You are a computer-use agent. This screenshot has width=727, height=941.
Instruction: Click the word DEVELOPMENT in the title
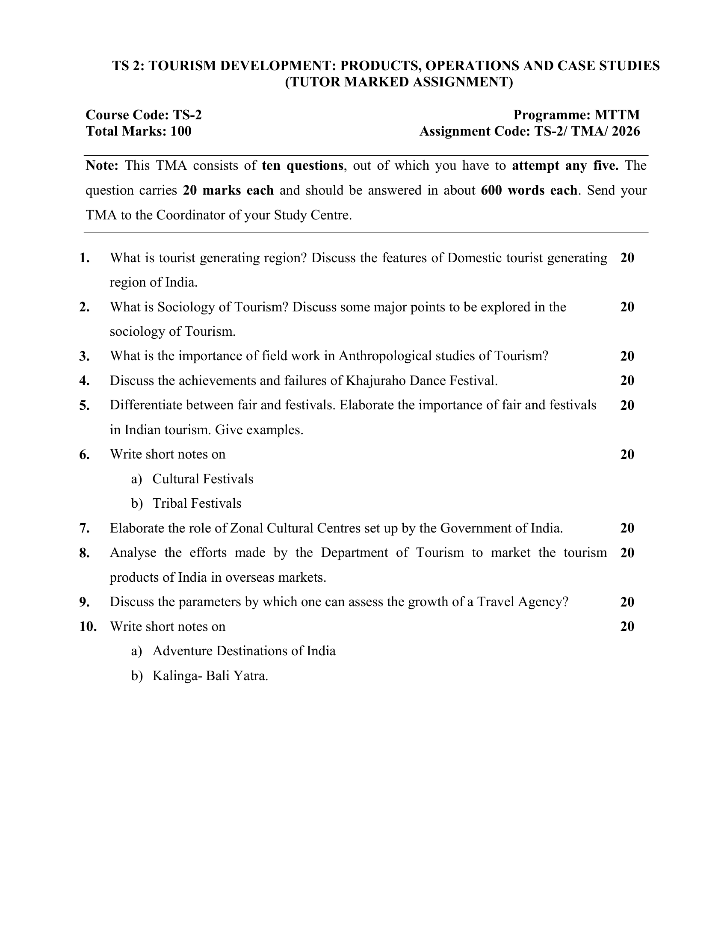click(254, 66)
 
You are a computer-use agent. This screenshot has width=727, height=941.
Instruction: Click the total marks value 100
click(180, 131)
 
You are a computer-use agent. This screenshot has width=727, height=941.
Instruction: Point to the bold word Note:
click(102, 166)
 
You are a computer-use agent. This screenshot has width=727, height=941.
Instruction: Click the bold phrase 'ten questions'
click(302, 166)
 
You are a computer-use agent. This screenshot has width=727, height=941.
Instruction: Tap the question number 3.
click(84, 356)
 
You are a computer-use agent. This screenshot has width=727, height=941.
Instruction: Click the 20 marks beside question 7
click(627, 528)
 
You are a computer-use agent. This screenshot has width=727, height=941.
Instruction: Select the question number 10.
click(88, 627)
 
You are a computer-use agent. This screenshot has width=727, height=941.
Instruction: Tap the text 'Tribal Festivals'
click(197, 504)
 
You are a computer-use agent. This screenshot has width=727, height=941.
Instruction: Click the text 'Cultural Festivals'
click(203, 479)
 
